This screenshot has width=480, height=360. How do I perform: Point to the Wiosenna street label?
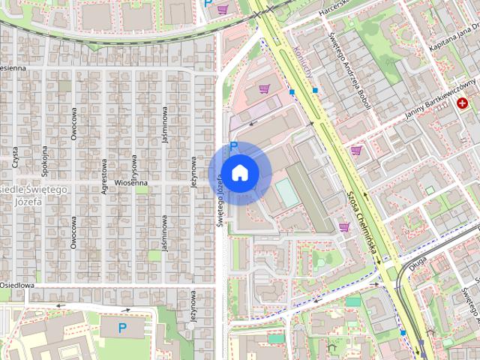(130, 182)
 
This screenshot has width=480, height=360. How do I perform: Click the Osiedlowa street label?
(16, 285)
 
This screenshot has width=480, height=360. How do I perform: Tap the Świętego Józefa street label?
(220, 200)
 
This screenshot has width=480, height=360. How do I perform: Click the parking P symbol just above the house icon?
(233, 146)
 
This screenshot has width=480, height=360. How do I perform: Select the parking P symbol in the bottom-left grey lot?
(123, 328)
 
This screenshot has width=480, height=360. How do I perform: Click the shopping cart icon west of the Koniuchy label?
(263, 89)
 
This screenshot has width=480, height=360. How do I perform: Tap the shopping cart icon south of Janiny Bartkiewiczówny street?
(356, 150)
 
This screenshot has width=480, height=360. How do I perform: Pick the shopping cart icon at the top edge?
(223, 10)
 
